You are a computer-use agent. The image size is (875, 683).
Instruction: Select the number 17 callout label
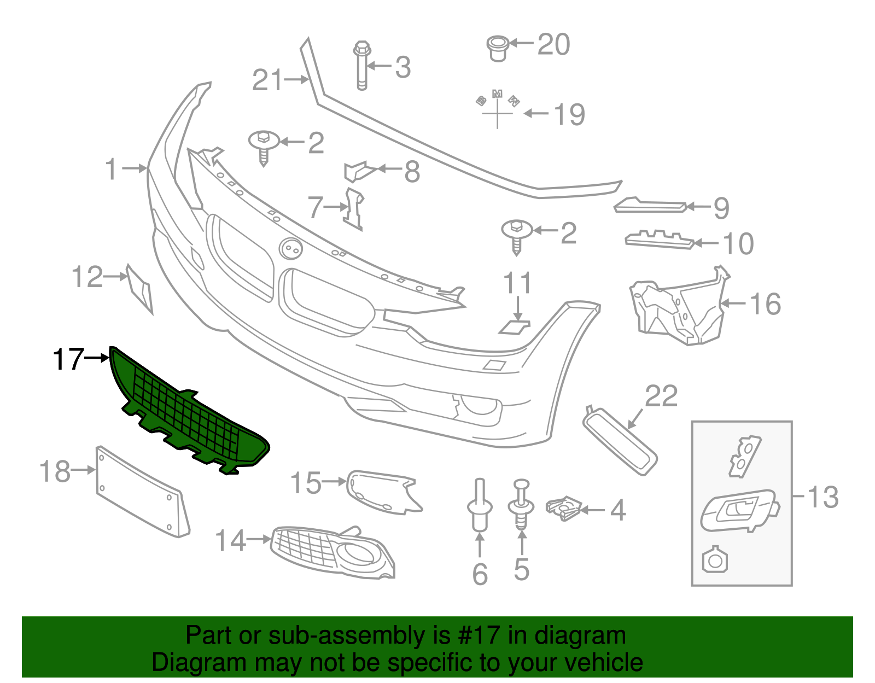68,359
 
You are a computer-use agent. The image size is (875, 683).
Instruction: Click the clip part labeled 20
498,48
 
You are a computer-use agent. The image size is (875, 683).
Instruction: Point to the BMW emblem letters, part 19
497,107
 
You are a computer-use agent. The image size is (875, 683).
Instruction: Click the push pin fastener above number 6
480,506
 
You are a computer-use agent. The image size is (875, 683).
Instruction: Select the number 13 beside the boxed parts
822,497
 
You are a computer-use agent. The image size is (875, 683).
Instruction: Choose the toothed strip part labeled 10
659,240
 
